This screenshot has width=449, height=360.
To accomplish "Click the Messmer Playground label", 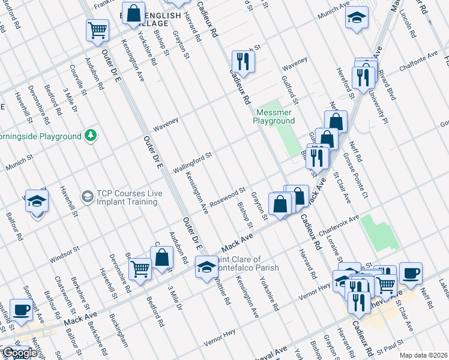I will [275, 116].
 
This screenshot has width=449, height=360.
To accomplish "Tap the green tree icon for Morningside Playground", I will [91, 136].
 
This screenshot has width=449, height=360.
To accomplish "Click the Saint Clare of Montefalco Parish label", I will [246, 263].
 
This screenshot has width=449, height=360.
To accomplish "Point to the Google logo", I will [20, 353].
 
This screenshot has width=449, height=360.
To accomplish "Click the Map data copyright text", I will [424, 355].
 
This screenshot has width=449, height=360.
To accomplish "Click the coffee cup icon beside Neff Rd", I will [411, 273].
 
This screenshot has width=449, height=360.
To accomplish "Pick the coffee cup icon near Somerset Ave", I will [22, 310].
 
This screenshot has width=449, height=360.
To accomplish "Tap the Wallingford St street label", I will [193, 163].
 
